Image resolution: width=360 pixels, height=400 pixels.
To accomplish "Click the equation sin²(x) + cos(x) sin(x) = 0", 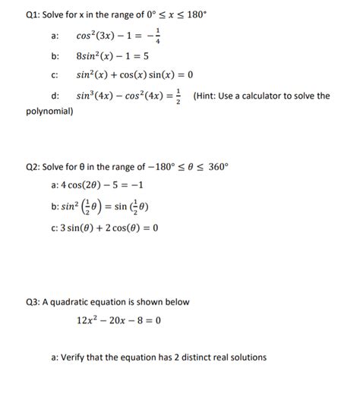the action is coord(134,76).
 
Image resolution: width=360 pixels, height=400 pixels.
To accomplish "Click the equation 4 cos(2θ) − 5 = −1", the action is coord(101,186).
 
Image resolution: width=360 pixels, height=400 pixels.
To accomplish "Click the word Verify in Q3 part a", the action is coord(74,357).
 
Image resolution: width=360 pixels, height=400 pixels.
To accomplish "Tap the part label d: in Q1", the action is coord(55,96).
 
